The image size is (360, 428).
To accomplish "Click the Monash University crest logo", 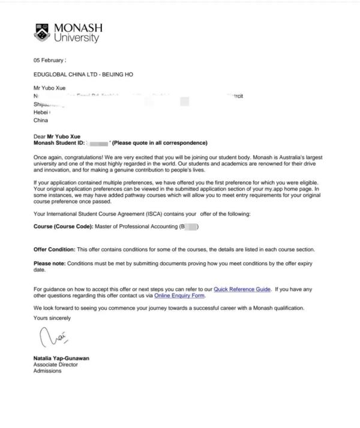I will point(43,32).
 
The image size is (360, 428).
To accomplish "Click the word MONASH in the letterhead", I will point(78,28).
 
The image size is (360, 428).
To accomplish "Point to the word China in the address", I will point(41,120).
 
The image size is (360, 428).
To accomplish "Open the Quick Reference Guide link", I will point(242,289).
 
